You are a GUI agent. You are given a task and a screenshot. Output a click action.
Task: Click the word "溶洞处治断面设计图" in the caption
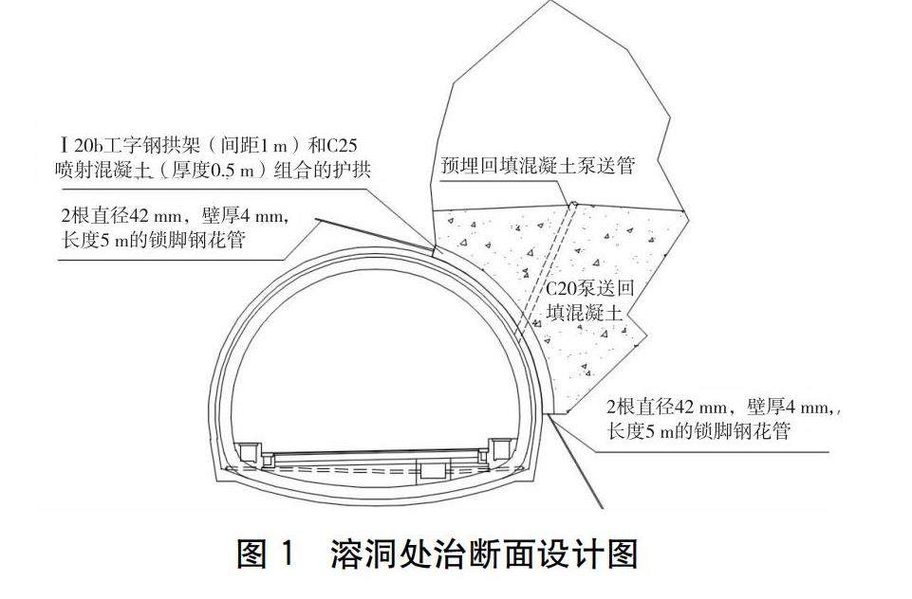[484, 553]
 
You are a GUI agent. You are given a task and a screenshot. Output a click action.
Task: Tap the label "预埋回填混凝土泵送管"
[537, 165]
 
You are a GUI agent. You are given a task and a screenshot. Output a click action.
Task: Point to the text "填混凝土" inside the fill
[586, 313]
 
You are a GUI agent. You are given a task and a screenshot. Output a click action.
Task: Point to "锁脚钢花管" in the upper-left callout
[201, 240]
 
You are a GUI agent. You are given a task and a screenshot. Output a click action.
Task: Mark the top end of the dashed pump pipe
[572, 202]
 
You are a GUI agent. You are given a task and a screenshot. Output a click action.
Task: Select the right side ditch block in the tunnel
[499, 448]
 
